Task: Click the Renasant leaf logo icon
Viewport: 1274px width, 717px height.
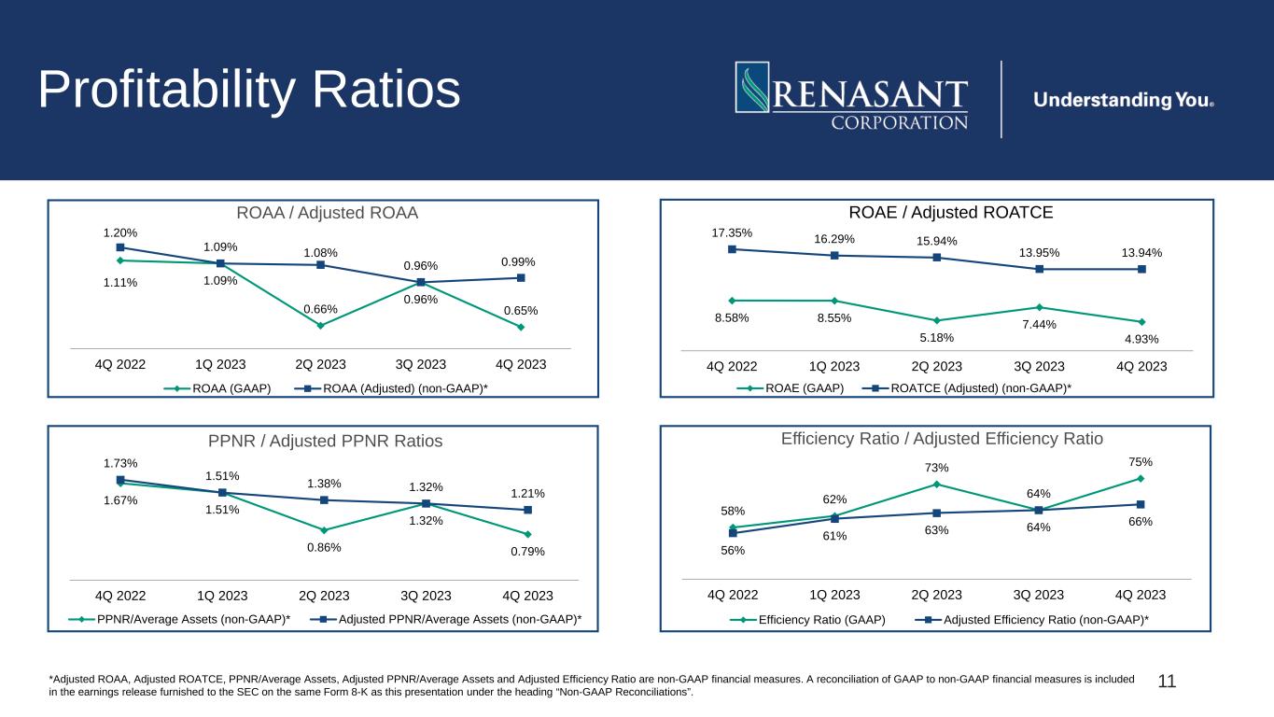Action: point(752,87)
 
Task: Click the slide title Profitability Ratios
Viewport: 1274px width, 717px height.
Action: point(249,90)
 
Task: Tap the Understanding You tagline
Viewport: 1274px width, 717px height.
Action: point(1124,100)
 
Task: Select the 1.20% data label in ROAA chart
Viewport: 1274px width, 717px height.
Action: point(120,232)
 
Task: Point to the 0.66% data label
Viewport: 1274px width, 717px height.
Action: point(320,309)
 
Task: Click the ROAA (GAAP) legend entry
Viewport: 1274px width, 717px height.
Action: point(217,388)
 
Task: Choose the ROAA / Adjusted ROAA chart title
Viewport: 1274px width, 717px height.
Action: point(327,213)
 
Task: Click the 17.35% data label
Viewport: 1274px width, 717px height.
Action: point(732,232)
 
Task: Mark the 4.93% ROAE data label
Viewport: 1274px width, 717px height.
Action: point(1141,339)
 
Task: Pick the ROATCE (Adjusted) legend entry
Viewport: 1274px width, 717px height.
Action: point(967,388)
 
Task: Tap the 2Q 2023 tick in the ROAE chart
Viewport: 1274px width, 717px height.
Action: point(937,367)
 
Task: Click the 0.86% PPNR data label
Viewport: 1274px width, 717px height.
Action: point(324,547)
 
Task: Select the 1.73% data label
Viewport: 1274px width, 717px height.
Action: point(120,463)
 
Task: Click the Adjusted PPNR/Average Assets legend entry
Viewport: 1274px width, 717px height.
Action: point(446,619)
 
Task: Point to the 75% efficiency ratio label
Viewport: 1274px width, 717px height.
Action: point(1141,462)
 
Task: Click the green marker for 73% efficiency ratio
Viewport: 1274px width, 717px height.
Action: point(937,485)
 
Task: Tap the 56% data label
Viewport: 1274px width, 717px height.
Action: point(733,550)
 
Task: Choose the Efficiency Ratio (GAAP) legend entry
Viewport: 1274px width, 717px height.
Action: point(807,620)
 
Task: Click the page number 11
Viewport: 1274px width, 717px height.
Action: point(1167,682)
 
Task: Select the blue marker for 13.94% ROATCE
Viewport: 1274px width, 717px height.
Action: point(1141,269)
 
